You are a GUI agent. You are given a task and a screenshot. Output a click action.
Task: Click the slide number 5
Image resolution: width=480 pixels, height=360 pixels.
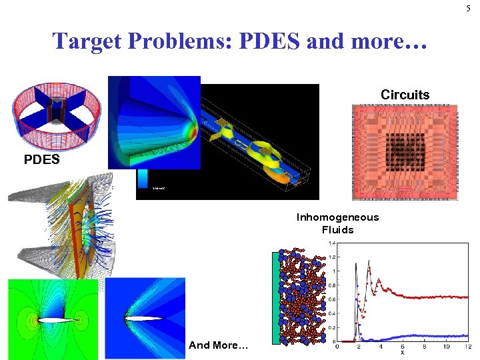coord(468,8)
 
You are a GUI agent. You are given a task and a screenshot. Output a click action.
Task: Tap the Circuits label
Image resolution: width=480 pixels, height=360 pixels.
coord(405,95)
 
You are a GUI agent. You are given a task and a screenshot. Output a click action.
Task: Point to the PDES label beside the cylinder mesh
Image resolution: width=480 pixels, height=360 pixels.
coord(41,160)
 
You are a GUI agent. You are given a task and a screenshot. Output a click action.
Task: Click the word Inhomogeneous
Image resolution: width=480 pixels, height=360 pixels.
coord(337,217)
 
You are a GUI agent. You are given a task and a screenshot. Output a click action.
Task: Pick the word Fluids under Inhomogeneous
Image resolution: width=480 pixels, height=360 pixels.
coord(337,230)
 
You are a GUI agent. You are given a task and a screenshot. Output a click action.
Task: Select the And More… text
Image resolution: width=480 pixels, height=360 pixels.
coord(218,345)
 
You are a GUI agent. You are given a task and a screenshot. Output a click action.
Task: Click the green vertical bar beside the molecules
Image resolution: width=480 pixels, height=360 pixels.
coord(275,297)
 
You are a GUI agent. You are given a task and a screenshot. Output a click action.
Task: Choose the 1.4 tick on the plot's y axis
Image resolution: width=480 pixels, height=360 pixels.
coord(331,243)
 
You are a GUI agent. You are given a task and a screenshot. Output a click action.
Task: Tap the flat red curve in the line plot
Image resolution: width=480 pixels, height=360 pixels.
coord(427,297)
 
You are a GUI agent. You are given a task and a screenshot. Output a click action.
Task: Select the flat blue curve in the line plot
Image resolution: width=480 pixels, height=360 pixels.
coord(427,336)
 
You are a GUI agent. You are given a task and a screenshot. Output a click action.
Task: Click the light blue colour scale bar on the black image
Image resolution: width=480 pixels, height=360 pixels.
coord(143,177)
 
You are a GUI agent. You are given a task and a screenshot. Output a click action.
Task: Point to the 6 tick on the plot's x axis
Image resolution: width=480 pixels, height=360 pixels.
coord(401,347)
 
